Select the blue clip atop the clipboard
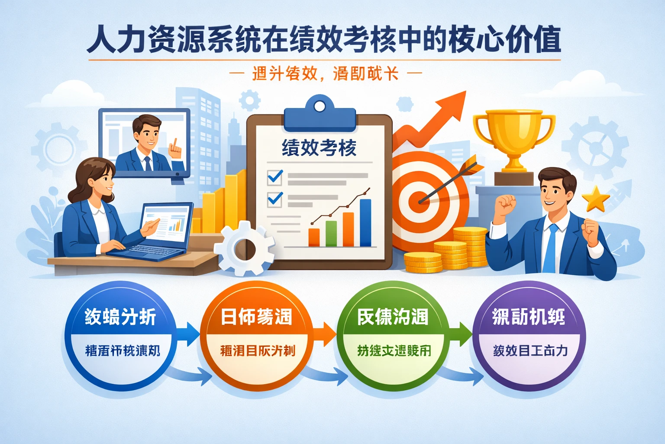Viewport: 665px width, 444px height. pos(320,115)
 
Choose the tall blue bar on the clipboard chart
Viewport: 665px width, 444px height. pos(365,222)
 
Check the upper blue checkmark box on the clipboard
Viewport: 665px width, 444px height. pos(275,177)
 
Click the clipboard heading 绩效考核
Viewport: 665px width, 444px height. pos(319,148)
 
